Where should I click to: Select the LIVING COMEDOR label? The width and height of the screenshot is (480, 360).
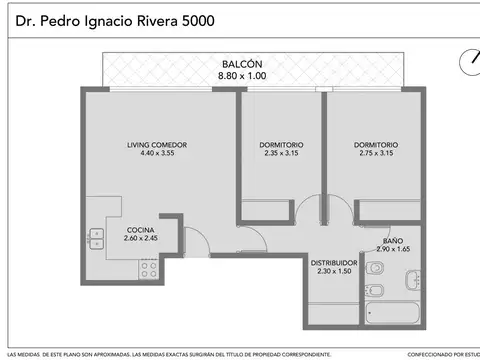(x=157, y=145)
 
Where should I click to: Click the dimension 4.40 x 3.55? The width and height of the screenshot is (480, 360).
(x=157, y=154)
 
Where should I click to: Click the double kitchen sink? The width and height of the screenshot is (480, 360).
(x=96, y=238)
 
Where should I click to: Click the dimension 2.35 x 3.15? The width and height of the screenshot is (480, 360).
(x=277, y=154)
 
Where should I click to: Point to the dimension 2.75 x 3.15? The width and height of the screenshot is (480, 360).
(x=376, y=154)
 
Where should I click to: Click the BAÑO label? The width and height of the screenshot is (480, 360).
(x=392, y=240)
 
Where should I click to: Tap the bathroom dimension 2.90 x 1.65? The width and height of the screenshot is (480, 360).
(x=392, y=249)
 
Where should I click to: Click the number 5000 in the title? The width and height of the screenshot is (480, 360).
(x=190, y=19)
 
